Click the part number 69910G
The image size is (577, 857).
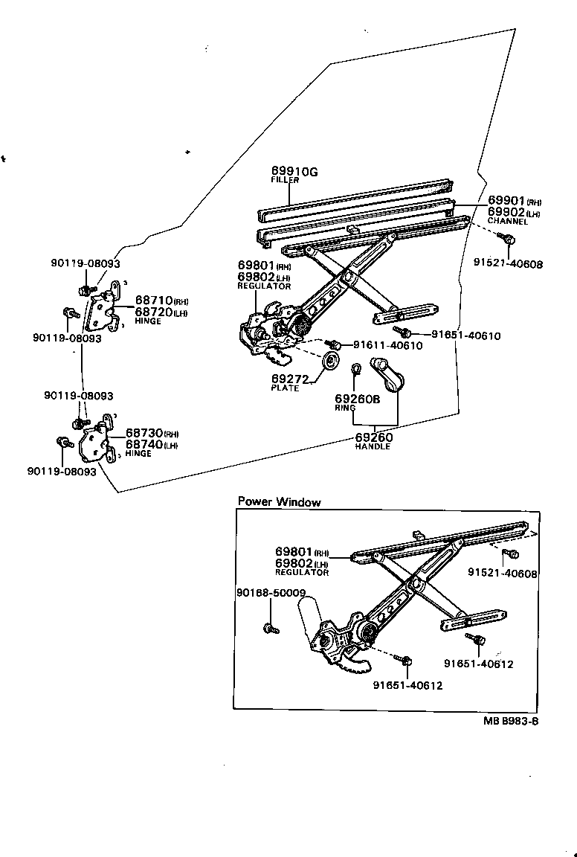point(294,172)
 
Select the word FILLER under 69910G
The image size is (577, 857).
point(285,181)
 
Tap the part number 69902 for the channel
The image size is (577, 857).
point(506,212)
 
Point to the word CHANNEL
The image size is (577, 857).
point(508,221)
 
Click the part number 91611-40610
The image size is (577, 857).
point(387,345)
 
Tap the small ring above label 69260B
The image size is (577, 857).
point(356,367)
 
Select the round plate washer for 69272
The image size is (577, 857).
point(329,362)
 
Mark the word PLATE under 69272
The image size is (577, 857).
point(284,388)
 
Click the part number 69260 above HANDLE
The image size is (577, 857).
point(373,437)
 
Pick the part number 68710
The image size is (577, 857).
point(153,301)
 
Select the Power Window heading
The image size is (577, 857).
point(279,502)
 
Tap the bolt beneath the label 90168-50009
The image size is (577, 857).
point(269,629)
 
